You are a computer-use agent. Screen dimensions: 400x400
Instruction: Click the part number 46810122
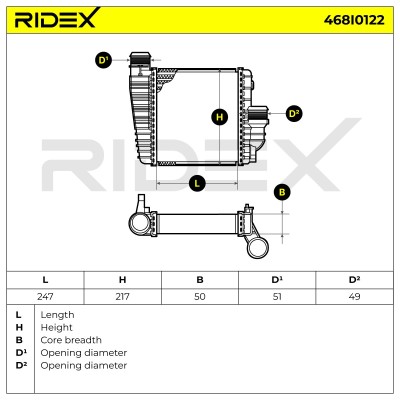coord(354,20)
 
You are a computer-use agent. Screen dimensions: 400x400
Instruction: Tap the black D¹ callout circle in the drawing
coord(104,60)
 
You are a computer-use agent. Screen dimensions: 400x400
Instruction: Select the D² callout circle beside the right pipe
coord(294,114)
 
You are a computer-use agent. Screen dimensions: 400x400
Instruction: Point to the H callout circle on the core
coord(220,117)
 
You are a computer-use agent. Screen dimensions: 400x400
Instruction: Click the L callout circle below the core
coord(197,183)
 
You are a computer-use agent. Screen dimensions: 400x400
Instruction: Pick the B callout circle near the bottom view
coord(282,193)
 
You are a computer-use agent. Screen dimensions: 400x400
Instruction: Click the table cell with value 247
coord(45,296)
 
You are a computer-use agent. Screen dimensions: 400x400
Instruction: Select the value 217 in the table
coord(122,296)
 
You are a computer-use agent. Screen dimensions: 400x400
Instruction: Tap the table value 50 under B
coord(200,296)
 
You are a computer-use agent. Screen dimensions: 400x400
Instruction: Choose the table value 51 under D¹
coord(277,296)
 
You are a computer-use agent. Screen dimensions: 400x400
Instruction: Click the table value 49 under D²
coord(354,296)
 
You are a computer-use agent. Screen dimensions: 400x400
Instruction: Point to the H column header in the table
coord(122,280)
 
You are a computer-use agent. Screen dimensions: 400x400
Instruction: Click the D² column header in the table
coord(354,279)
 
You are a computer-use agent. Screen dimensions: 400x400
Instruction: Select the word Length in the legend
coord(57,315)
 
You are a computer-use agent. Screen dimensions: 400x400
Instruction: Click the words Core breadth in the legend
coord(71,340)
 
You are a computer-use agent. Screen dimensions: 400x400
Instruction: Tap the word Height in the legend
coord(56,327)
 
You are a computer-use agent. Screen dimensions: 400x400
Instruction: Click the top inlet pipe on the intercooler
coord(140,59)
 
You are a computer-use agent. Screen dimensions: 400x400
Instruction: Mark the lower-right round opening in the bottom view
coord(258,248)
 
